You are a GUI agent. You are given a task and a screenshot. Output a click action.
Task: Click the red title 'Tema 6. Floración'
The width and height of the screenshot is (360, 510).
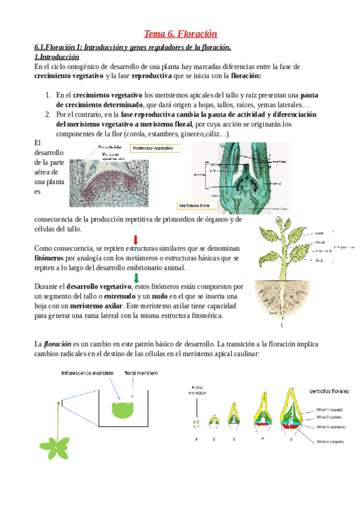point(180,34)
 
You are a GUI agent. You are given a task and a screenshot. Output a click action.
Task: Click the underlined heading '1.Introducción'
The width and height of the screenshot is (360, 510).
point(57,57)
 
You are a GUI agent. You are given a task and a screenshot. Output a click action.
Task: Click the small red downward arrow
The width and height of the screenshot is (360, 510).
point(136,239)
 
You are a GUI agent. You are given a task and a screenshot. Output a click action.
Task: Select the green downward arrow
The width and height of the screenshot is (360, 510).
point(136,277)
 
